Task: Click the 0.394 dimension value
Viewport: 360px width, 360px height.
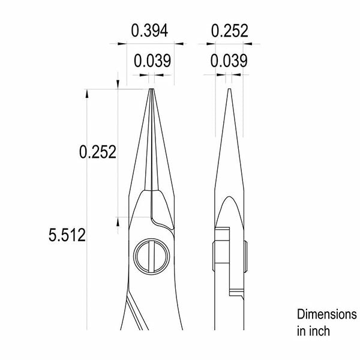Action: click(x=149, y=31)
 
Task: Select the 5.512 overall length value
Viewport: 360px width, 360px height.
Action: click(x=67, y=235)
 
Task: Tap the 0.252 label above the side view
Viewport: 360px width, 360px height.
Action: click(x=230, y=31)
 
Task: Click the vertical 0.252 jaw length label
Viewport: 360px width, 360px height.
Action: click(x=98, y=152)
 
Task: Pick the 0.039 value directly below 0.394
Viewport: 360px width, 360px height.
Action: click(x=152, y=61)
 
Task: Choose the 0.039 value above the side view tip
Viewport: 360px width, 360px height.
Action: click(x=229, y=61)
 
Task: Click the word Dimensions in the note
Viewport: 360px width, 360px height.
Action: click(x=327, y=314)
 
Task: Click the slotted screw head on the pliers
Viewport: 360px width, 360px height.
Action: click(x=152, y=257)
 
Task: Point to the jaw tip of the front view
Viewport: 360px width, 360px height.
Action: click(x=151, y=89)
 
